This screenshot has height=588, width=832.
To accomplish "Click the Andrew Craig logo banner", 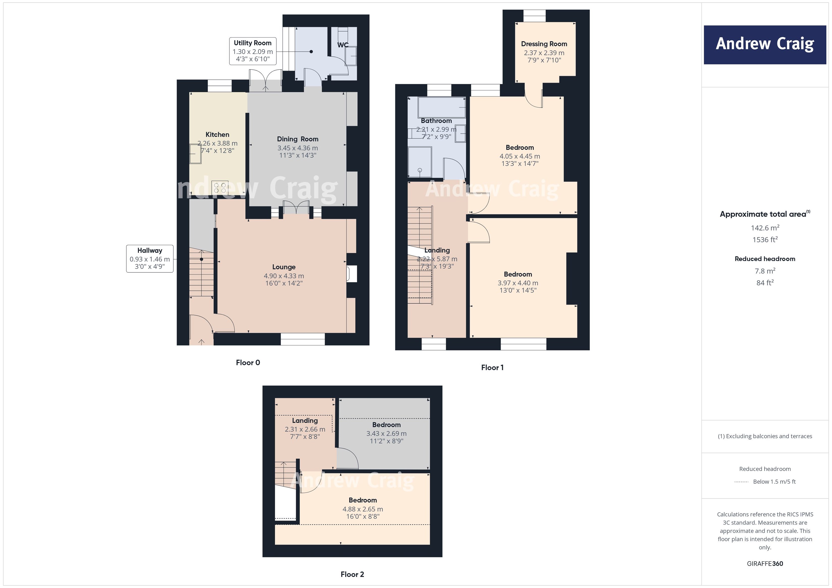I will (765, 45).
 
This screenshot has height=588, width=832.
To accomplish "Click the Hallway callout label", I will (150, 258).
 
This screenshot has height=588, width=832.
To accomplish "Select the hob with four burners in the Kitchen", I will (220, 187).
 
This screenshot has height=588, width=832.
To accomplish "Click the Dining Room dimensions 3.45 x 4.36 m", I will (298, 148).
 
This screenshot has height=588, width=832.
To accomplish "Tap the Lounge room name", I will (284, 267).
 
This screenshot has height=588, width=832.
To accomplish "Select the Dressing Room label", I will (544, 44).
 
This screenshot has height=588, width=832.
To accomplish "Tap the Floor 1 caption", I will (492, 368).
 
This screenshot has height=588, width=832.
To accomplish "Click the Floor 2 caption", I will (352, 574).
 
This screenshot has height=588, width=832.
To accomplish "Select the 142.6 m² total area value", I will (765, 228).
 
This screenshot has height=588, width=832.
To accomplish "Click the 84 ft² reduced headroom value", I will (765, 283).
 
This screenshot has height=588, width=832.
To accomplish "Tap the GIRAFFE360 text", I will (765, 563).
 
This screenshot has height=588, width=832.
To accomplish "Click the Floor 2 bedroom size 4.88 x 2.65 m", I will (363, 509).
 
